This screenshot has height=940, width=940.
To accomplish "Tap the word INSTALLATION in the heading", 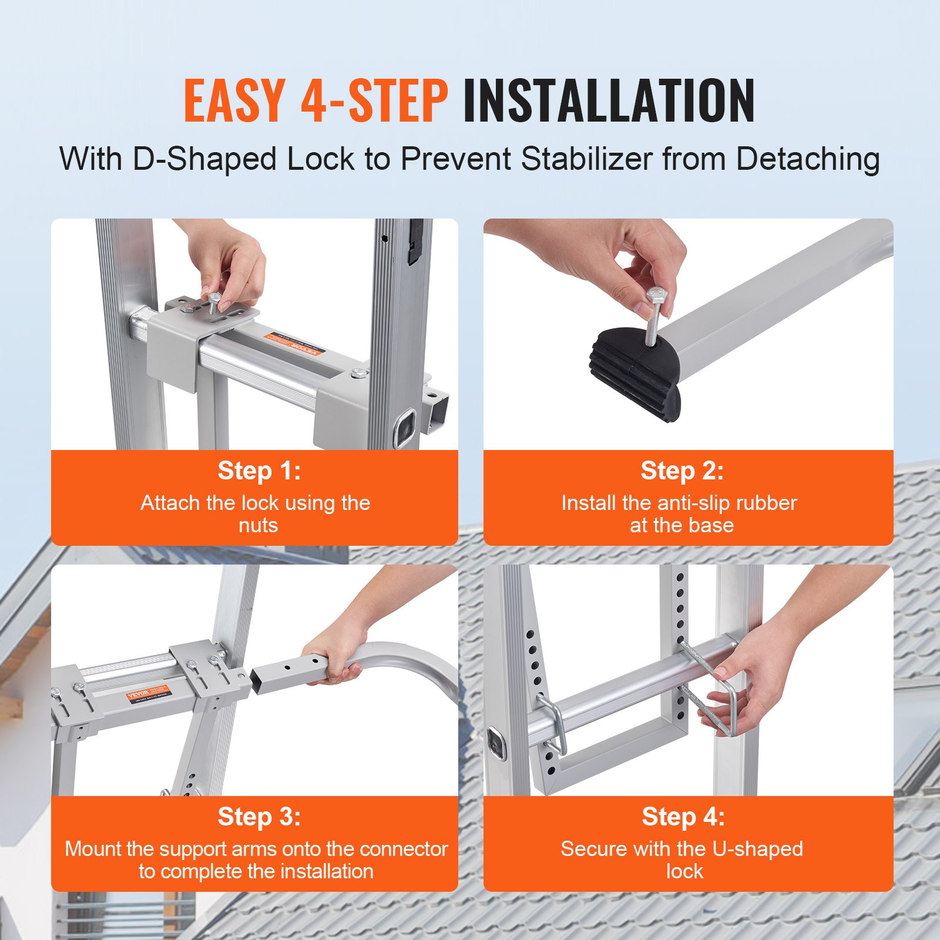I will click(x=609, y=101).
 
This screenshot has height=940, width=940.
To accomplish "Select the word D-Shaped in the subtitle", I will click(x=204, y=159).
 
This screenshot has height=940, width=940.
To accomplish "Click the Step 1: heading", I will click(x=258, y=471).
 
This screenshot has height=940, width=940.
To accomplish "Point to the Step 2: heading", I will click(x=681, y=471).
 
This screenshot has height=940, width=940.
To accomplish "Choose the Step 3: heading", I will click(x=258, y=817).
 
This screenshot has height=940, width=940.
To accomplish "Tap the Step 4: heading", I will click(x=683, y=817).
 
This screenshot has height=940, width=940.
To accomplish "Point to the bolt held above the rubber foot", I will click(x=654, y=317).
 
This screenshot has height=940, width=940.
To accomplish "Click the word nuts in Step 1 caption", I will click(x=258, y=525).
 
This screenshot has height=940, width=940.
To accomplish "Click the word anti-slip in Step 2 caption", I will click(x=693, y=503).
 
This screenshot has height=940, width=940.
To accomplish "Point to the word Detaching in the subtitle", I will click(x=808, y=159).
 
